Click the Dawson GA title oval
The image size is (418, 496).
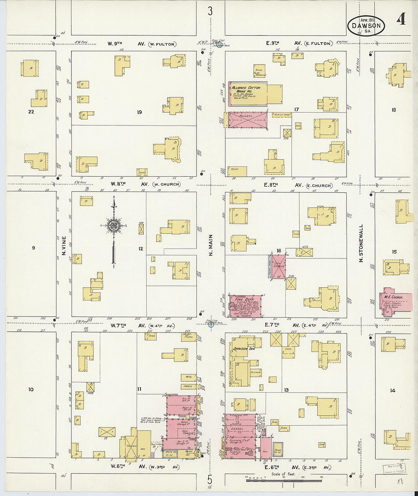366,26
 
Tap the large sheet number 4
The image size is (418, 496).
401,19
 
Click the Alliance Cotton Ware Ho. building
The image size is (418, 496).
247,93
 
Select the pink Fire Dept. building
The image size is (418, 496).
245,306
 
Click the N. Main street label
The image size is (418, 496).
211,245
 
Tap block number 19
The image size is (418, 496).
139,112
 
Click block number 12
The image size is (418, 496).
141,249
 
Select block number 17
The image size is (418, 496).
296,109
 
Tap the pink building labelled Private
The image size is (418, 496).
247,120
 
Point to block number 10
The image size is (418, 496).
31,389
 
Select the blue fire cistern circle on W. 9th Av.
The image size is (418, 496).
219,44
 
